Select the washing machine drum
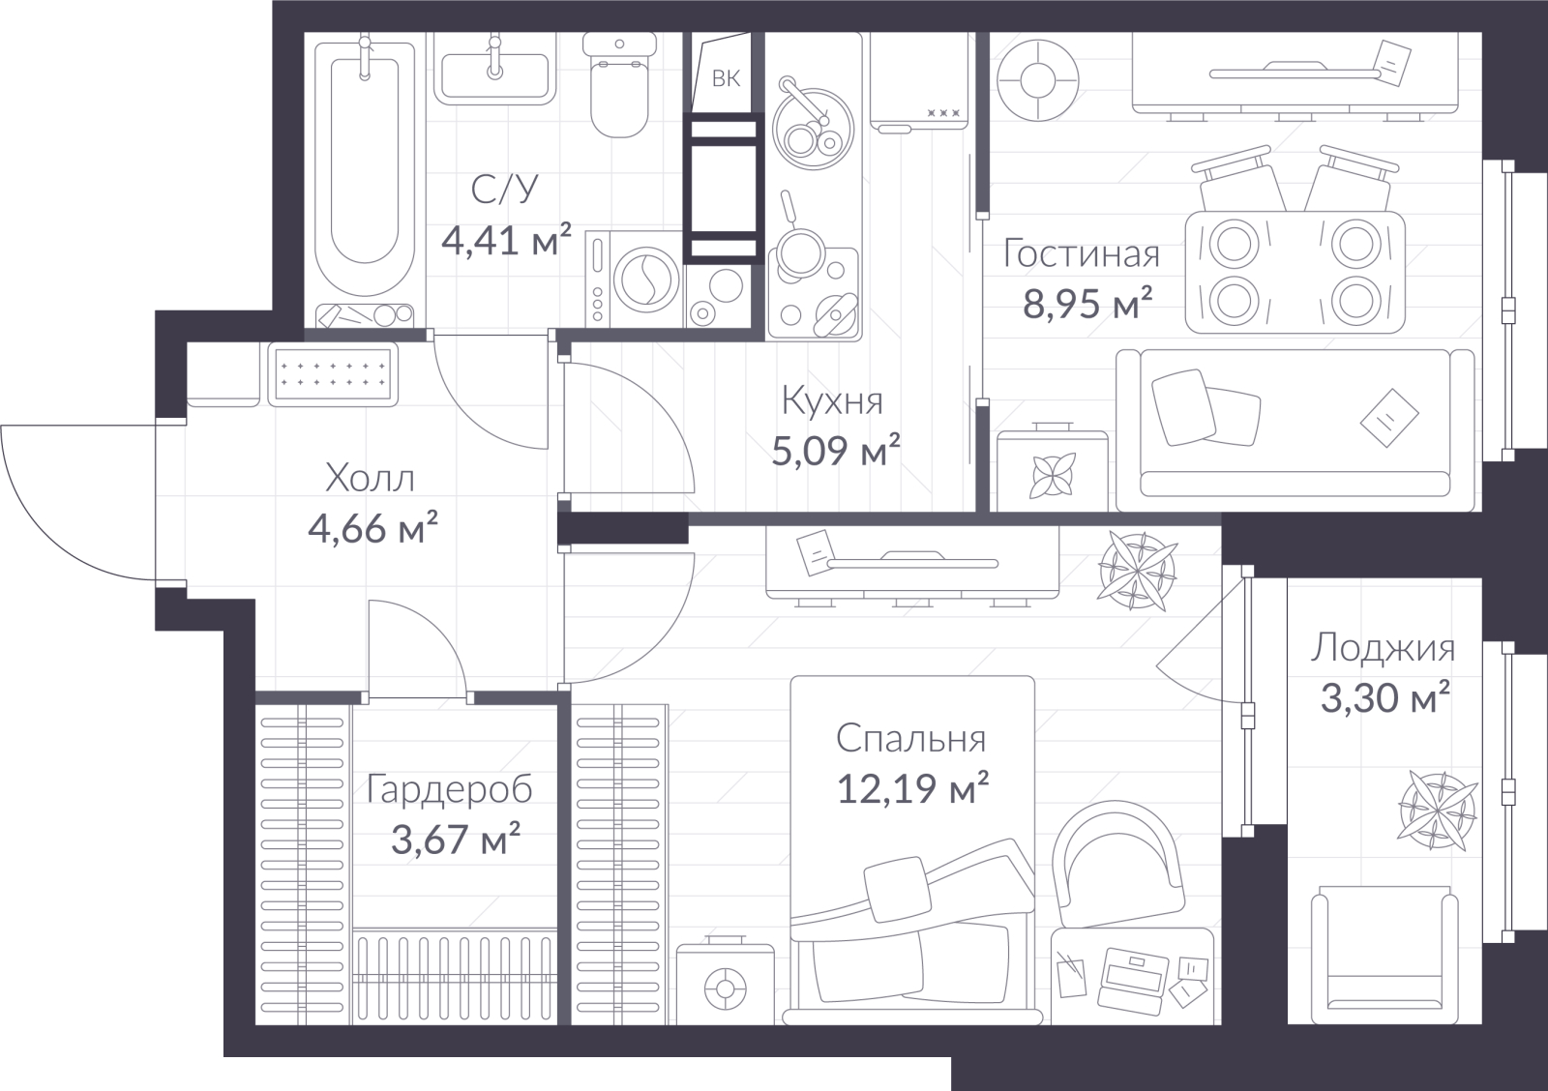pyautogui.click(x=646, y=280)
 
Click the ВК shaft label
pyautogui.click(x=726, y=78)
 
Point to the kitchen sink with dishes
pyautogui.click(x=814, y=128)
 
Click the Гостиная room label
pyautogui.click(x=1082, y=253)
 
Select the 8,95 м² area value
pyautogui.click(x=1087, y=303)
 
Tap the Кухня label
pyautogui.click(x=832, y=400)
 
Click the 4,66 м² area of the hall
pyautogui.click(x=372, y=528)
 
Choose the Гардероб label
pyautogui.click(x=449, y=789)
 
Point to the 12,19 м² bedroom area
pyautogui.click(x=913, y=787)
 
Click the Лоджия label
pyautogui.click(x=1383, y=648)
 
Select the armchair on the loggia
pyautogui.click(x=1384, y=955)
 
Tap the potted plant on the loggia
pyautogui.click(x=1438, y=811)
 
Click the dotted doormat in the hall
pyautogui.click(x=333, y=373)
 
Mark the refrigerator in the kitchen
pyautogui.click(x=919, y=81)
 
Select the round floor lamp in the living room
pyautogui.click(x=1037, y=79)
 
